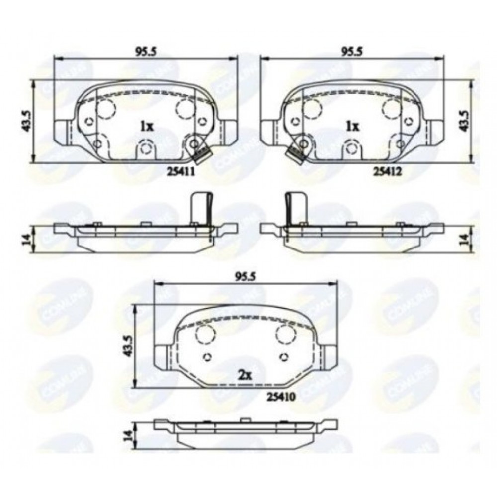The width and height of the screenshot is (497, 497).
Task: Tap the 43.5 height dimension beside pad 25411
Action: (26, 121)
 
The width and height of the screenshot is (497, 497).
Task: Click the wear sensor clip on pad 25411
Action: (201, 155)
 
